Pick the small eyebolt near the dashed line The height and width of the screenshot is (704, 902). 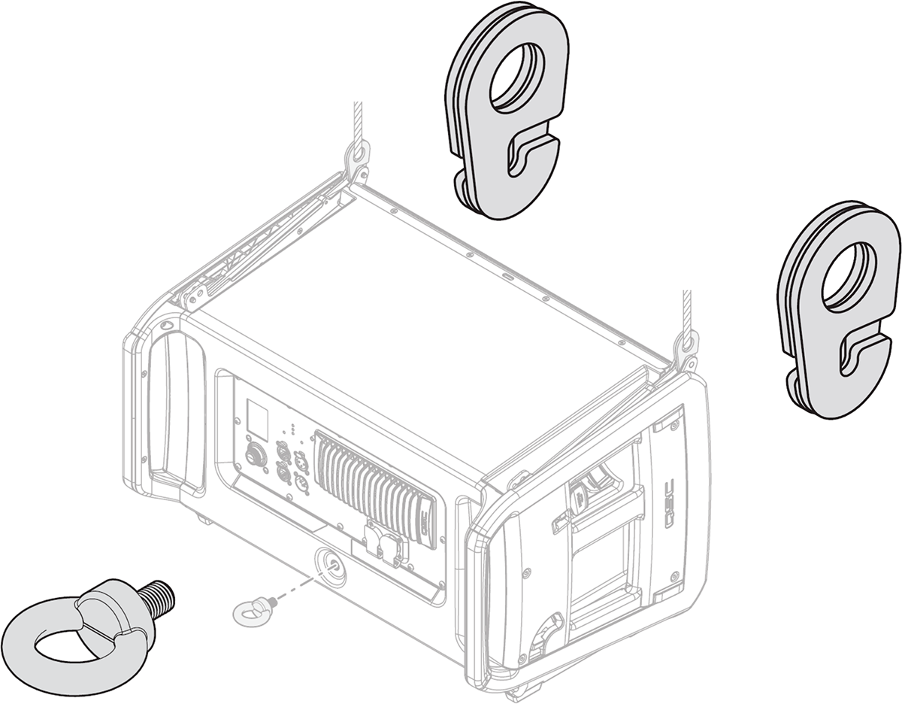coord(250,610)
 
